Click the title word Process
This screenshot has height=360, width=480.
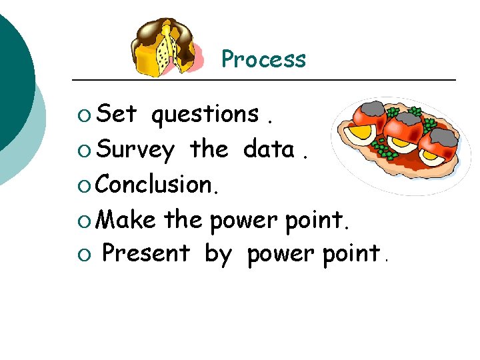[263, 59]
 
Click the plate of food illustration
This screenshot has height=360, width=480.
[400, 143]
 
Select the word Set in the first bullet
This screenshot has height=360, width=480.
[117, 115]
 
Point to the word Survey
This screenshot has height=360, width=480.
[136, 151]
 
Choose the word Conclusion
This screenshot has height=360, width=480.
[157, 184]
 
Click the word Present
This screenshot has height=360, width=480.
[146, 253]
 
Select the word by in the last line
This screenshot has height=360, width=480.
[217, 255]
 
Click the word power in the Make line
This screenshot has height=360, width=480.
[242, 220]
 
